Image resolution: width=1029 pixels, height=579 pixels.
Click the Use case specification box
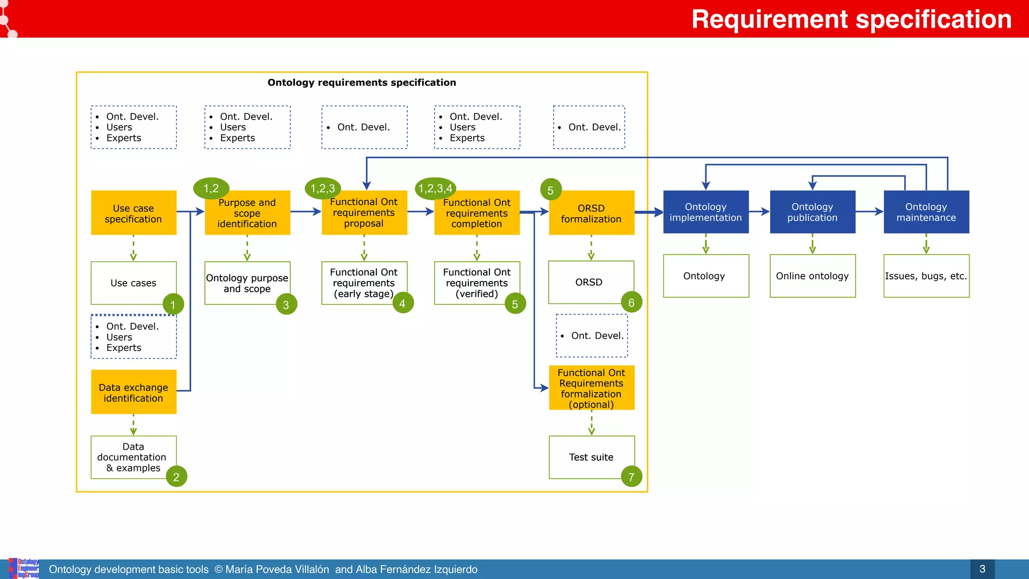[134, 213]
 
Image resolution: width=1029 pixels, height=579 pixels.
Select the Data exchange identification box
[134, 392]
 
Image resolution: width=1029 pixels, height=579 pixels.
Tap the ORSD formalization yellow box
[591, 213]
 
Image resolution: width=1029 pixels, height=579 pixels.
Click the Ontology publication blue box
[812, 212]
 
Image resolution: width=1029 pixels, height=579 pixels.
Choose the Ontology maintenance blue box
[926, 212]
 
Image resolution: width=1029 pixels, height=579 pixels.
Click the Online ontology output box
[812, 276]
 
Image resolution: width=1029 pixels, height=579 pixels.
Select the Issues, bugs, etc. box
[926, 276]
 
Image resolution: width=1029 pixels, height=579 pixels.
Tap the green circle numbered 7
[632, 476]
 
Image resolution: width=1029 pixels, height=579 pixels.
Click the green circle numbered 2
[176, 476]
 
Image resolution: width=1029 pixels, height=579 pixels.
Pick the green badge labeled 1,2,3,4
[436, 188]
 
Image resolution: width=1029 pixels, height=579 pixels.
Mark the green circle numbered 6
[632, 303]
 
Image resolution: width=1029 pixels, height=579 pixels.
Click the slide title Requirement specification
[851, 19]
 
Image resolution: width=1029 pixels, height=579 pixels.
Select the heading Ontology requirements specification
[362, 82]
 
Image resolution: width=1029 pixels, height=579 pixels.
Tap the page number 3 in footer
[982, 569]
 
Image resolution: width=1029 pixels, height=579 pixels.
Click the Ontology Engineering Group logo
[24, 568]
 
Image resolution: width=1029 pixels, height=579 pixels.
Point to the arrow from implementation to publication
[759, 212]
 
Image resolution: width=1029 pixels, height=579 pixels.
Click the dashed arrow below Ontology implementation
[706, 244]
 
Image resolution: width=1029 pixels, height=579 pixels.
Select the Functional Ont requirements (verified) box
[477, 283]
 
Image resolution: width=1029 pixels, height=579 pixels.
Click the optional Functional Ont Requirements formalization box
[591, 388]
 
